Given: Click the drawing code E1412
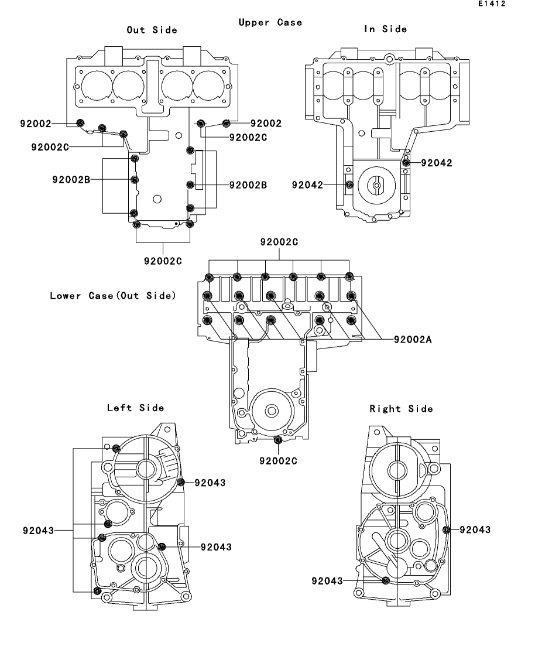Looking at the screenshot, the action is point(492,4).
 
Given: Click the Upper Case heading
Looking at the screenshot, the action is point(270,22).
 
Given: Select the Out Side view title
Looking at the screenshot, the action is point(152,30).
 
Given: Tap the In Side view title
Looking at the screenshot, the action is point(386,29).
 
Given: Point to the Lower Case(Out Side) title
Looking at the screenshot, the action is point(113,295).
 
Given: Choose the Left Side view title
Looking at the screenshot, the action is point(135,408).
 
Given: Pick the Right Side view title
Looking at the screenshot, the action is point(401,409).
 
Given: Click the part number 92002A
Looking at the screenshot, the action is point(413,339).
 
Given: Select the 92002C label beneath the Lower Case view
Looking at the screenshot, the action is point(278,460).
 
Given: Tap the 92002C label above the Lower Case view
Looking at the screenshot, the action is point(279,242).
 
